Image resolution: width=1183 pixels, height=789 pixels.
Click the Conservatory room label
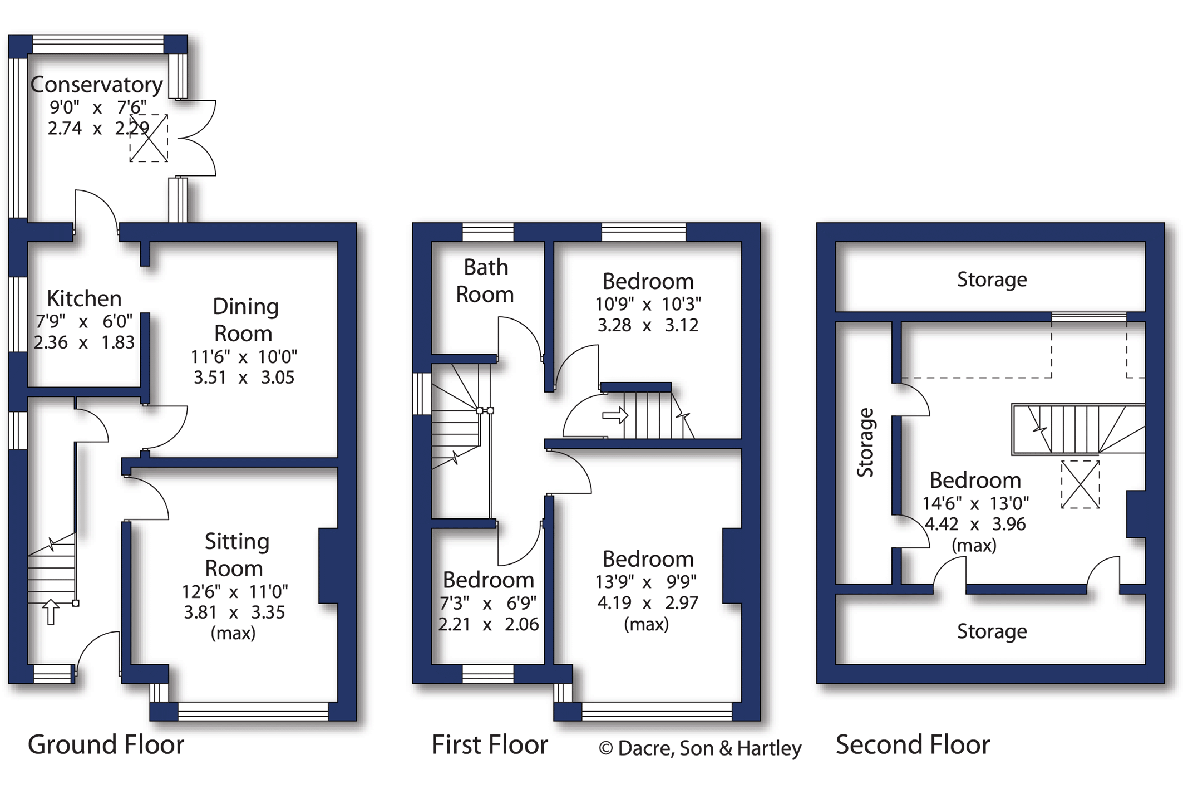tap(96, 85)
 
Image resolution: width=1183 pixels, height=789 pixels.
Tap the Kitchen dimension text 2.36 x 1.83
tap(84, 342)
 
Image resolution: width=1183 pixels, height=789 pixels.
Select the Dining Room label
tap(245, 320)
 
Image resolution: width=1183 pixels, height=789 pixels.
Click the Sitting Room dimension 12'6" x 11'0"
tap(234, 591)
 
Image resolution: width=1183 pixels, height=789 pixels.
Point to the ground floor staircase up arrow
tap(51, 611)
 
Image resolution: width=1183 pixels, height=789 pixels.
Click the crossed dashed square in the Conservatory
tap(149, 138)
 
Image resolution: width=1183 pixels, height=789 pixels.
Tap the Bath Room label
tap(485, 281)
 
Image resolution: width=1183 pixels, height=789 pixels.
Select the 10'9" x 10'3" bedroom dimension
tap(648, 304)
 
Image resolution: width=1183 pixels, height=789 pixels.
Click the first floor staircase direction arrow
tap(615, 415)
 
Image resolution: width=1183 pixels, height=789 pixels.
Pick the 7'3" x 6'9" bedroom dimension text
tap(488, 603)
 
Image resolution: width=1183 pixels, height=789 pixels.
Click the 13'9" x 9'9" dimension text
tap(646, 582)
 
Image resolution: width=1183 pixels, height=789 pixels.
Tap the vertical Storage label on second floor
tap(865, 443)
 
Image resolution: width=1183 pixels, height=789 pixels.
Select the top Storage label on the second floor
tap(992, 280)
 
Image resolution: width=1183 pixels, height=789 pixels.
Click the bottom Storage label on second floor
tap(992, 631)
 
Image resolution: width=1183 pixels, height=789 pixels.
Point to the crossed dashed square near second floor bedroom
tap(1080, 484)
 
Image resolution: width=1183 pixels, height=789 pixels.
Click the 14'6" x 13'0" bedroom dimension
tap(975, 503)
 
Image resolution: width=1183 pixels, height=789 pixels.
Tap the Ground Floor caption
tap(106, 744)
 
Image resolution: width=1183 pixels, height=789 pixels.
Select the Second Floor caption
tap(913, 744)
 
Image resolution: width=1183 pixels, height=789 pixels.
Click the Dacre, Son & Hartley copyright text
tap(700, 748)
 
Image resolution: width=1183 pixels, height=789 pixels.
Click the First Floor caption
tap(490, 744)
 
